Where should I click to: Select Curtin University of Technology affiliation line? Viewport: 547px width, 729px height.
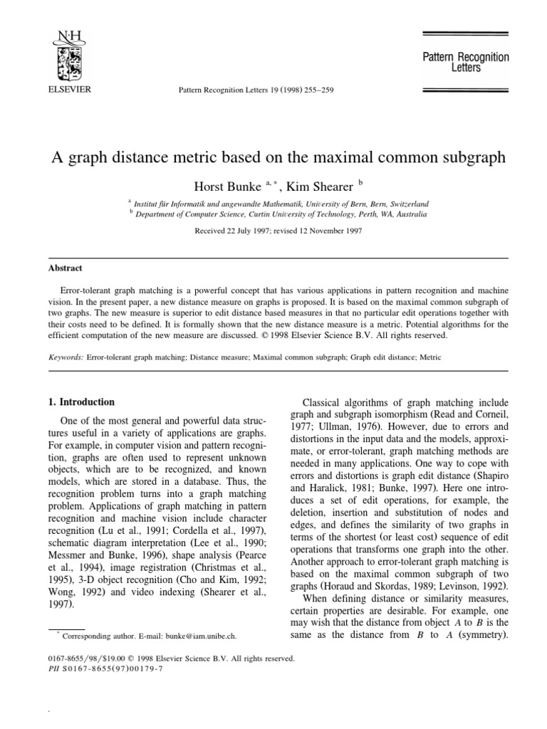281,214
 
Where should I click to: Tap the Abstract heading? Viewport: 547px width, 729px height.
66,268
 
